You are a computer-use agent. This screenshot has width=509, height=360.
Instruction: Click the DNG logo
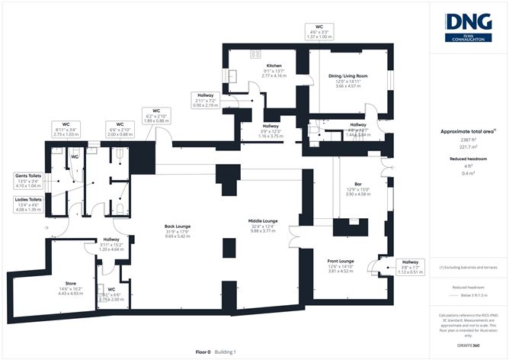[468, 26]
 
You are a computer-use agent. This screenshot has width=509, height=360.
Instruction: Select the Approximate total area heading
[466, 131]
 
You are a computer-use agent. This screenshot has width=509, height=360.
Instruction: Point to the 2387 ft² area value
[466, 140]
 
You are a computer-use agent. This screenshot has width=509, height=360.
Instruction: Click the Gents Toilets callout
[27, 180]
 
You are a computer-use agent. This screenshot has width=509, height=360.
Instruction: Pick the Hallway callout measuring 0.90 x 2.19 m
[204, 99]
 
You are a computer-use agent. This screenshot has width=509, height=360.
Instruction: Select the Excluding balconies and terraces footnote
[467, 268]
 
